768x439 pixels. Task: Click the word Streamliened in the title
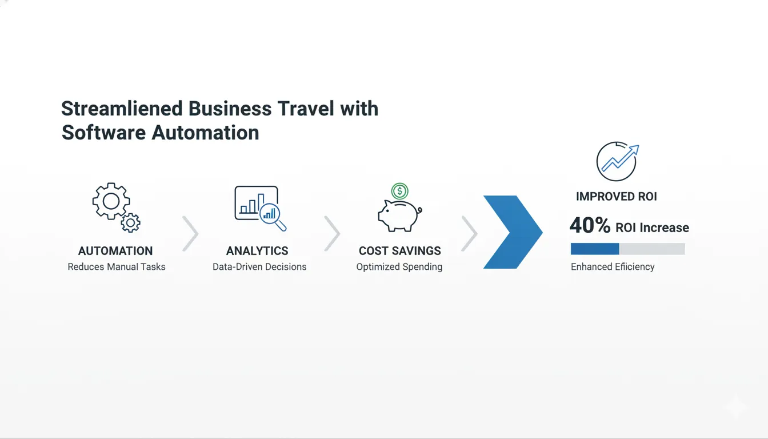click(122, 109)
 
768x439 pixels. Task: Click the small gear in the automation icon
click(131, 222)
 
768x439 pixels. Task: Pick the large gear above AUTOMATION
click(110, 201)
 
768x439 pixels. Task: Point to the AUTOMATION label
click(115, 251)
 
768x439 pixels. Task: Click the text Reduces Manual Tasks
click(117, 267)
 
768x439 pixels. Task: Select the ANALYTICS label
click(257, 251)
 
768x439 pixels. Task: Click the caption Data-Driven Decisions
click(259, 267)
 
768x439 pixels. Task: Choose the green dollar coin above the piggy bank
click(399, 191)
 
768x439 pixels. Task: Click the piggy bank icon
click(398, 215)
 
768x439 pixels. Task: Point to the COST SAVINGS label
click(400, 251)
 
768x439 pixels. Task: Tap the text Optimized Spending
click(399, 267)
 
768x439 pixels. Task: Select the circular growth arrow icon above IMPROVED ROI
click(616, 161)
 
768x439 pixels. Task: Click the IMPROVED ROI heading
click(617, 197)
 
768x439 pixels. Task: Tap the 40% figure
click(590, 226)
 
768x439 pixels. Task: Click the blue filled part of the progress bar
click(595, 249)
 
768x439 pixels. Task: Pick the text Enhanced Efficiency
click(613, 267)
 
